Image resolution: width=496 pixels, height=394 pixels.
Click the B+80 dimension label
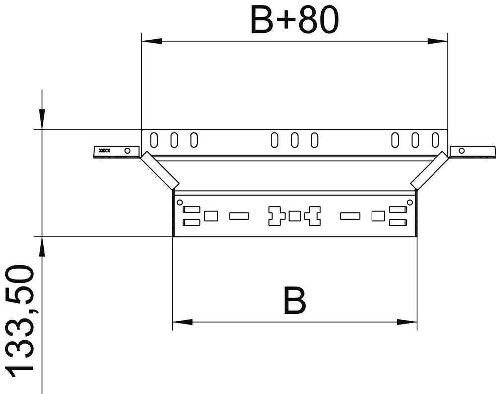(x=295, y=21)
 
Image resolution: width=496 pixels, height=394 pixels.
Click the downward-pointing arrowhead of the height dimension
(x=42, y=119)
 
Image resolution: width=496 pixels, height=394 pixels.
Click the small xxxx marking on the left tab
(x=104, y=150)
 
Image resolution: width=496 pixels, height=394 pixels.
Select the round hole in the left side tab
(x=128, y=150)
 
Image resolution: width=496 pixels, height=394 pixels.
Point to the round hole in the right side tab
(x=461, y=150)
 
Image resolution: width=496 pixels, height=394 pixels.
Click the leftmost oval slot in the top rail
(x=154, y=140)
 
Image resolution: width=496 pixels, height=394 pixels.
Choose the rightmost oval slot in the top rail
(x=435, y=140)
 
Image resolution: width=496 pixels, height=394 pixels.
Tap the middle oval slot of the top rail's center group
(x=294, y=140)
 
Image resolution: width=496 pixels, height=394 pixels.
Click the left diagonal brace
(x=159, y=170)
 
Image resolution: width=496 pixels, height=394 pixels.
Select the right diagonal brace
(x=430, y=170)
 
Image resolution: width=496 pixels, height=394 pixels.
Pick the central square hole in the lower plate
(x=294, y=216)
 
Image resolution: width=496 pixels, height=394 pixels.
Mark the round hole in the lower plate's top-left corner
(x=180, y=202)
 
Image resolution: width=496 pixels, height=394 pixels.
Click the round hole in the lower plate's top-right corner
(x=409, y=202)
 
